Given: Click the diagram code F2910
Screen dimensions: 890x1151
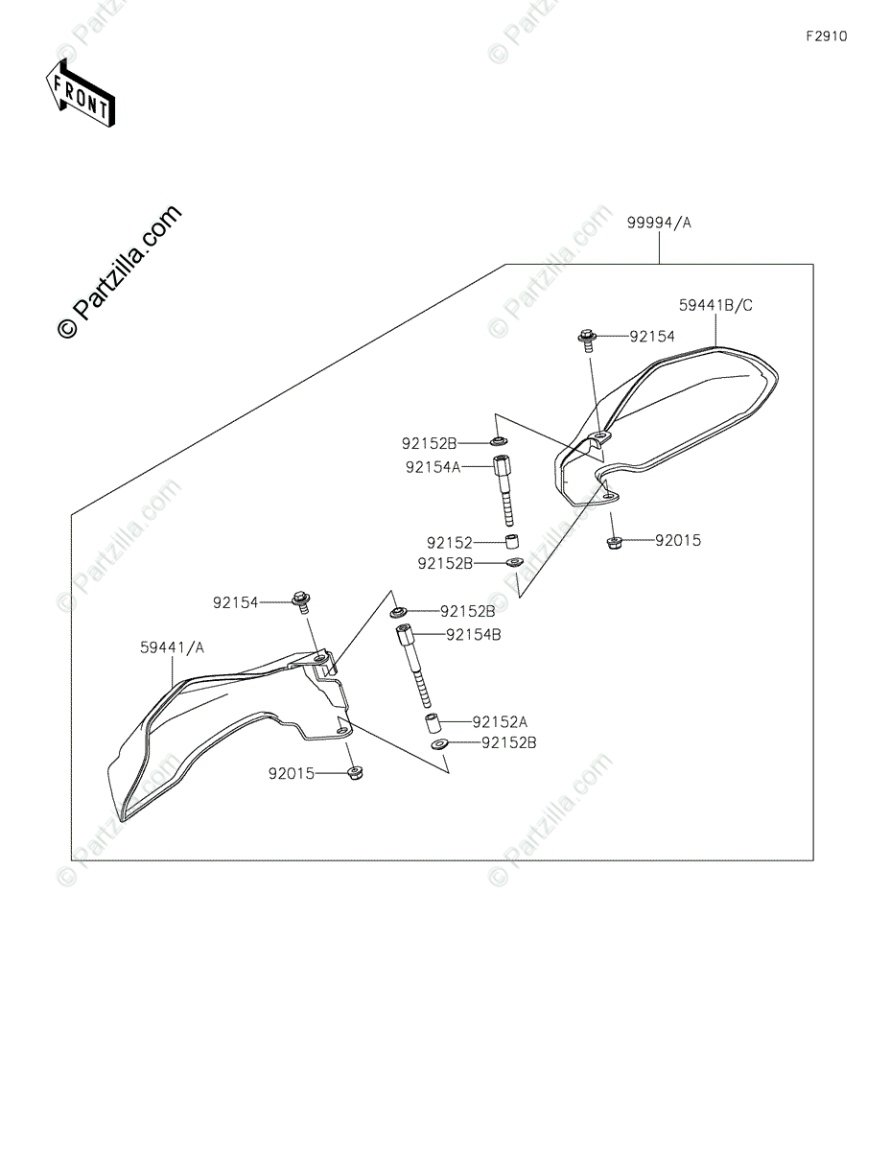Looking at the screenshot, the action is [x=826, y=36].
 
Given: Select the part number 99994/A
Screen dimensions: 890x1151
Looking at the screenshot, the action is [x=659, y=223].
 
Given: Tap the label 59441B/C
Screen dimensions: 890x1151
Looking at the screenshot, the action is [x=715, y=306].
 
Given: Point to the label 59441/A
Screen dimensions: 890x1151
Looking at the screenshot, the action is [x=172, y=647].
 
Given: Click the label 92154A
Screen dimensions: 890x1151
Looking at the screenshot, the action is [x=433, y=467].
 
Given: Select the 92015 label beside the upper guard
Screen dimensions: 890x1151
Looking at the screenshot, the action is [x=678, y=541].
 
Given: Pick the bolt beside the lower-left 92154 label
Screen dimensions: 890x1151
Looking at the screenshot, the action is [x=300, y=603].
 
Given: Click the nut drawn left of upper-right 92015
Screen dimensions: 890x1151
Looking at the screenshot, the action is [x=614, y=543].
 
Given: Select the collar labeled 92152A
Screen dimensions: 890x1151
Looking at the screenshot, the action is [x=433, y=721].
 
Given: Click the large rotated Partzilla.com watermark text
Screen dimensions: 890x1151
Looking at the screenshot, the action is [x=120, y=272].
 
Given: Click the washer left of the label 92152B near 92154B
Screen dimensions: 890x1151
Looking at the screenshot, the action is [x=397, y=611].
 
